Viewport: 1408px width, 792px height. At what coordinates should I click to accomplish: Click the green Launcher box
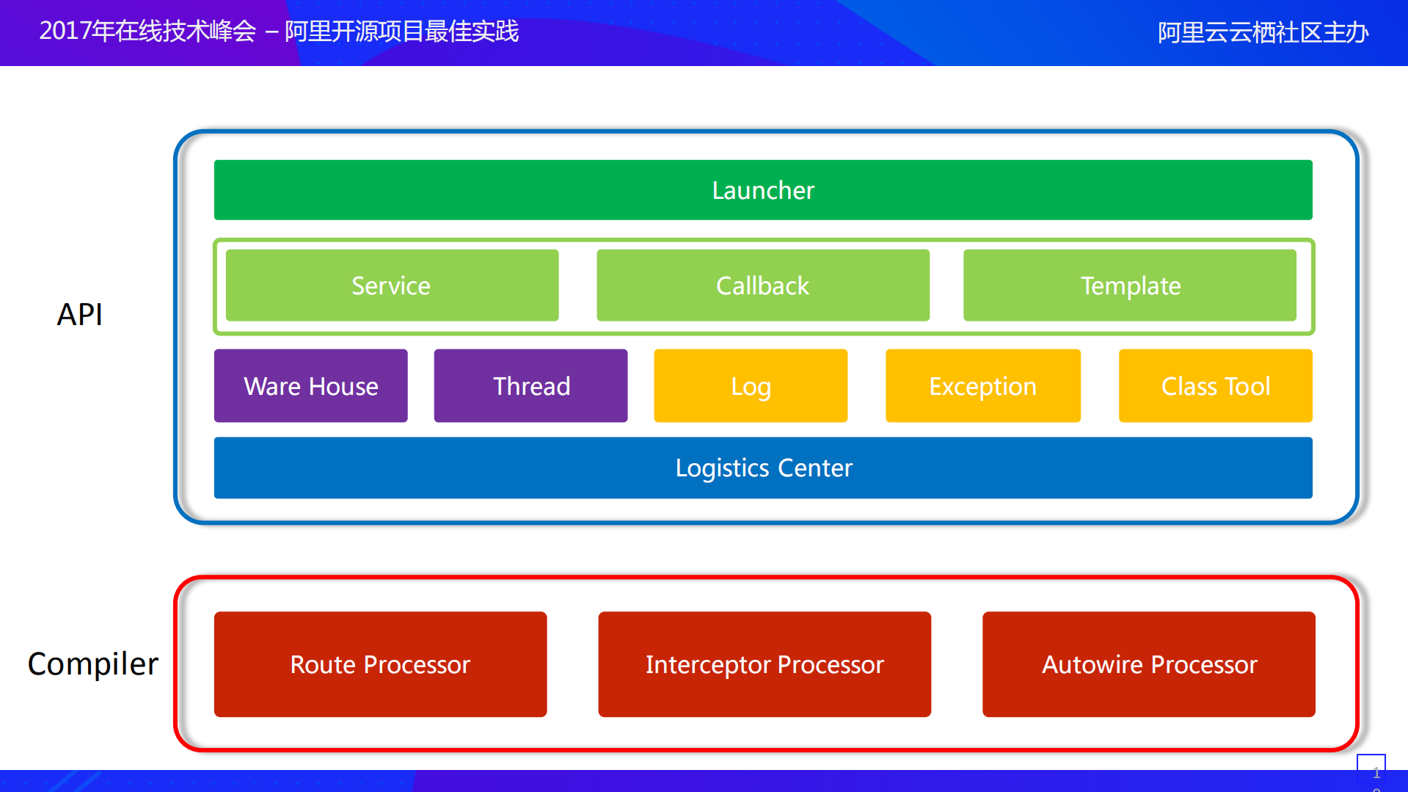point(763,190)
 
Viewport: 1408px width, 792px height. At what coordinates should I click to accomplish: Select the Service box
point(392,286)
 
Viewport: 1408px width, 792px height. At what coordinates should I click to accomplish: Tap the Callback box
point(763,286)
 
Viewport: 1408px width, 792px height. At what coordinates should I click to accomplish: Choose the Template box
point(1130,286)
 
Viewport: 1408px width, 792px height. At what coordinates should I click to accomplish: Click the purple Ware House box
point(310,386)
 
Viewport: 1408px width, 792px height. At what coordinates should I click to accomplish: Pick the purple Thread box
point(530,386)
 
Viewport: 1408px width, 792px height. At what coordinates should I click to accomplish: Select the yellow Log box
point(751,386)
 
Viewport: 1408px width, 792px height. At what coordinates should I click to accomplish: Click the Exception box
point(983,386)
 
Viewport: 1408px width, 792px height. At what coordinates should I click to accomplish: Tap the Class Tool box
point(1215,386)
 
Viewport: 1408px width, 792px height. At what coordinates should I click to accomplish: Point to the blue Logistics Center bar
point(763,468)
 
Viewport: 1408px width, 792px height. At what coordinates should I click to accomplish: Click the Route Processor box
point(380,664)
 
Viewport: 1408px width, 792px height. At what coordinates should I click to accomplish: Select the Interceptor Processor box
point(765,664)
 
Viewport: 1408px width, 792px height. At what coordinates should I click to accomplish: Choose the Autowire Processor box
point(1149,664)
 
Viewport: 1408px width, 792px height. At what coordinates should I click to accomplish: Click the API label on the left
point(80,315)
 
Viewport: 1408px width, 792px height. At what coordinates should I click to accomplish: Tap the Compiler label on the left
point(92,664)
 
